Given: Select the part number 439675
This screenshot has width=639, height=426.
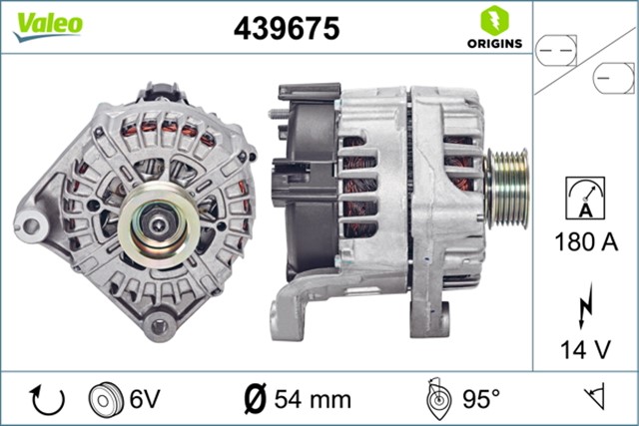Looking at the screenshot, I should click(x=287, y=29).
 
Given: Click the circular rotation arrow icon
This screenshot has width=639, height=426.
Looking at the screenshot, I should click(x=48, y=399).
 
